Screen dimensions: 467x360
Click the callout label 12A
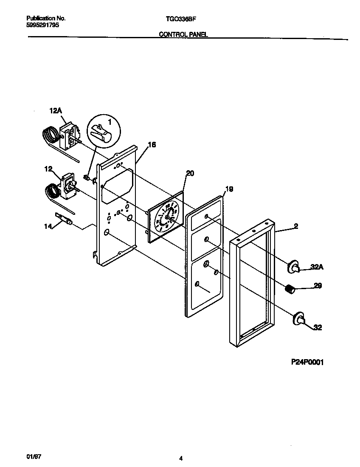pyautogui.click(x=56, y=111)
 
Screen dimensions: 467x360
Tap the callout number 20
pyautogui.click(x=190, y=173)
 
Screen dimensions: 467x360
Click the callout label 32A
pyautogui.click(x=316, y=267)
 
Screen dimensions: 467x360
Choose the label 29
pyautogui.click(x=317, y=286)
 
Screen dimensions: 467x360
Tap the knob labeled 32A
pyautogui.click(x=294, y=267)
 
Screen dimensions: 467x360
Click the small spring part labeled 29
pyautogui.click(x=290, y=290)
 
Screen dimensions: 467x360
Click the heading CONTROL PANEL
pyautogui.click(x=183, y=34)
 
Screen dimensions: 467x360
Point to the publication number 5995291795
pyautogui.click(x=42, y=25)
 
